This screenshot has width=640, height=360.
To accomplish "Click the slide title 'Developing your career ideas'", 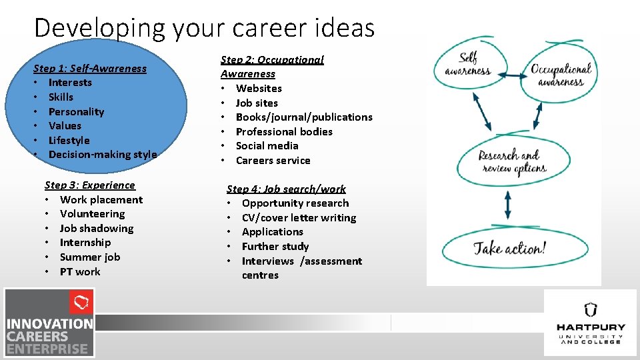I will pyautogui.click(x=204, y=28).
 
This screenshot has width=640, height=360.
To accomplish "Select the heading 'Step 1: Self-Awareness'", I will pyautogui.click(x=90, y=68).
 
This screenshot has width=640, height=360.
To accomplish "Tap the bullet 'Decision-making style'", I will pyautogui.click(x=103, y=155).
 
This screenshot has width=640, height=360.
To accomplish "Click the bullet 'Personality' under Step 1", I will pyautogui.click(x=76, y=111).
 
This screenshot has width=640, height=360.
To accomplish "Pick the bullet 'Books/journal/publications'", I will pyautogui.click(x=304, y=117).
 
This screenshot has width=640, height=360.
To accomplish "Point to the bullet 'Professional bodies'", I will pyautogui.click(x=284, y=131).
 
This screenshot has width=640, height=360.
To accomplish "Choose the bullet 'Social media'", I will pyautogui.click(x=267, y=145).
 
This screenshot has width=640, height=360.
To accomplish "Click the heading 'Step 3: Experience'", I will pyautogui.click(x=89, y=185).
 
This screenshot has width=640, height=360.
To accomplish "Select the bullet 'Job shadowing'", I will pyautogui.click(x=97, y=228).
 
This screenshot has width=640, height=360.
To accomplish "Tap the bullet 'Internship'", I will pyautogui.click(x=85, y=243).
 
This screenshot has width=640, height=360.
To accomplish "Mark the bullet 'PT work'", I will pyautogui.click(x=80, y=271).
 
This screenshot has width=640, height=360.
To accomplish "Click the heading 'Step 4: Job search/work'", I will pyautogui.click(x=286, y=189).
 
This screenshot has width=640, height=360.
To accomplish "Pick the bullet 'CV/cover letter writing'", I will pyautogui.click(x=299, y=217).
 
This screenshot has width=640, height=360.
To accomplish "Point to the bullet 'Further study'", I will pyautogui.click(x=275, y=246).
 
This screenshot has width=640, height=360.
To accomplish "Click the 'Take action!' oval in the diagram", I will pyautogui.click(x=509, y=249).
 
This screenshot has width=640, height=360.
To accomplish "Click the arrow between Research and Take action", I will pyautogui.click(x=508, y=205).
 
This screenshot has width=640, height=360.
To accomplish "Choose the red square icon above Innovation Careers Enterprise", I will pyautogui.click(x=81, y=302).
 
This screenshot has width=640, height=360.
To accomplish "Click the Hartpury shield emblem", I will pyautogui.click(x=590, y=309).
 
